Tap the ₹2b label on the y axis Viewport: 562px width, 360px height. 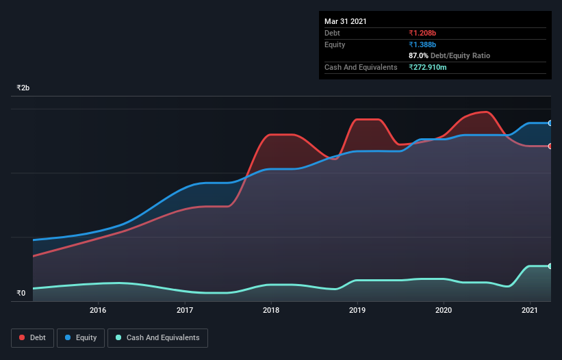23,88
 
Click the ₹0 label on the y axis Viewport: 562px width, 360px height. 21,294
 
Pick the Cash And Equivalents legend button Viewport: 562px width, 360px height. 157,337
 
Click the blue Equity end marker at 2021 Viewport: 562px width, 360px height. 550,123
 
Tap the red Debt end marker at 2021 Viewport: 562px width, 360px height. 550,146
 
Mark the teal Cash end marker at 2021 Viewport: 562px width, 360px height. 550,266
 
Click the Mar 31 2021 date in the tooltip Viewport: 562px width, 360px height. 346,21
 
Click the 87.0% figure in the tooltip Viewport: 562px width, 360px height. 418,55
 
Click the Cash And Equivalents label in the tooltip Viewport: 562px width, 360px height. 361,67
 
